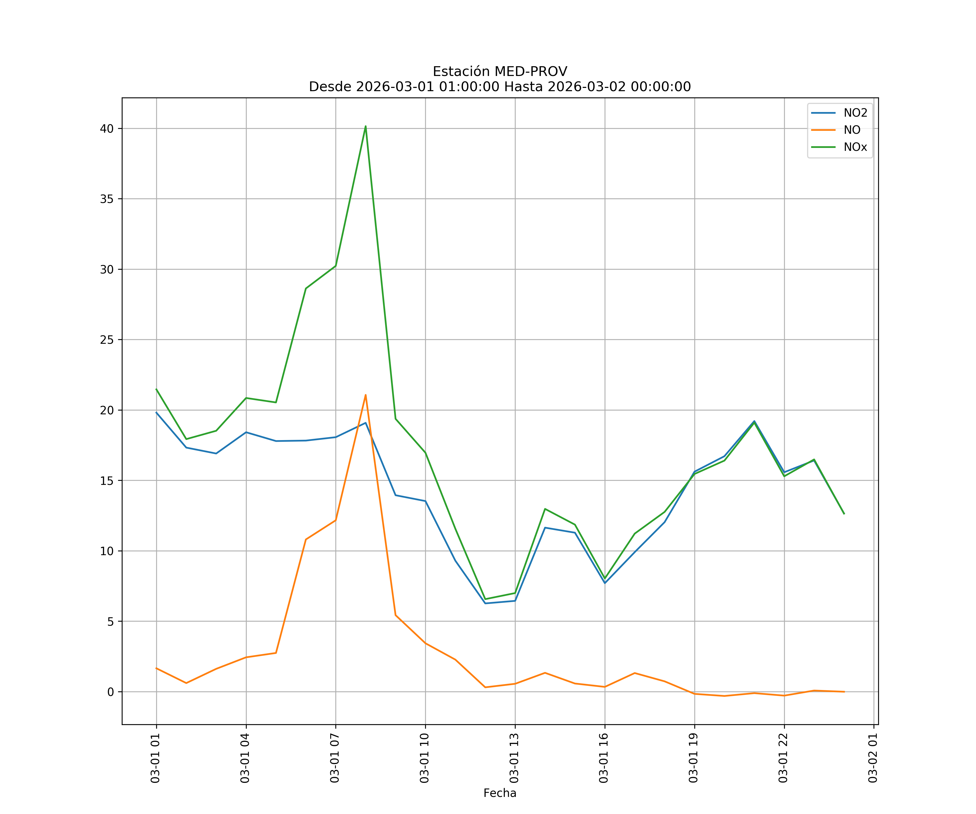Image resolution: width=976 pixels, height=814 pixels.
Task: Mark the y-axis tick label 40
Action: (107, 129)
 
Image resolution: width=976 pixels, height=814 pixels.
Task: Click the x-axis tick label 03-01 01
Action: (155, 758)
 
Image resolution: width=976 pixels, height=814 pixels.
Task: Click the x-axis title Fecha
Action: (500, 793)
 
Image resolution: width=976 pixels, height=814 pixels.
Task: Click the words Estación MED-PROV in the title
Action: (500, 72)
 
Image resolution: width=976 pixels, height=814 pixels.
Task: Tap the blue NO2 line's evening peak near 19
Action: (754, 421)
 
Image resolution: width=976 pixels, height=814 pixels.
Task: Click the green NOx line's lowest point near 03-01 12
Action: (485, 599)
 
